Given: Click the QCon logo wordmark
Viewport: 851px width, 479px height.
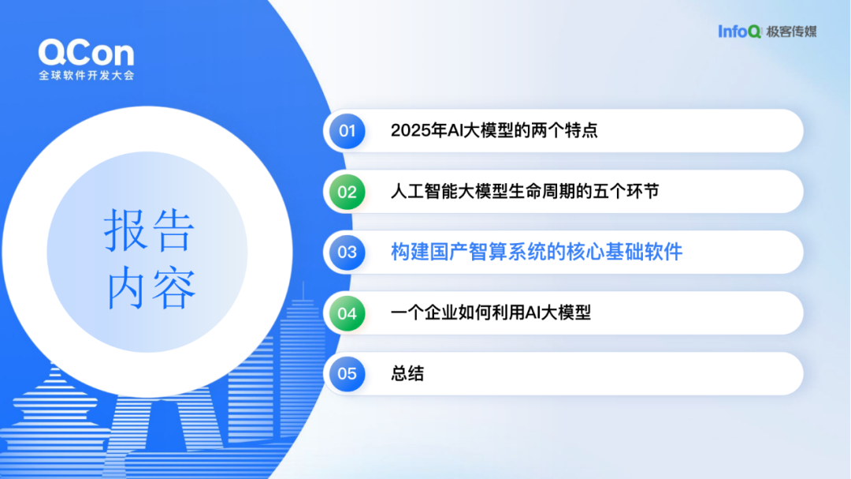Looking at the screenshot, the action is (x=86, y=53).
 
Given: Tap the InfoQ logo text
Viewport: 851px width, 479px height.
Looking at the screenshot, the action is (x=739, y=32).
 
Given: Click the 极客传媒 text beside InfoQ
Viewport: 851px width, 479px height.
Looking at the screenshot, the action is (x=791, y=32).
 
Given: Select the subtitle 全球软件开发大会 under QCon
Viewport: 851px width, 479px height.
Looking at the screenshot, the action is (x=87, y=75).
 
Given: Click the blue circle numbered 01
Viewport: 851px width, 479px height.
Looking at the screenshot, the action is (x=347, y=131).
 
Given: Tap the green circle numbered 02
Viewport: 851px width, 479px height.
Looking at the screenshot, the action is (x=347, y=192).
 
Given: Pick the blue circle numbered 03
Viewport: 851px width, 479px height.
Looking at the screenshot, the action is (x=347, y=253).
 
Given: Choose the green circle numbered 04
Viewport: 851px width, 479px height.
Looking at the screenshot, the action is (x=347, y=313).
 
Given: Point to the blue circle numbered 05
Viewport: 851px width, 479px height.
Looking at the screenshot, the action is (x=347, y=373).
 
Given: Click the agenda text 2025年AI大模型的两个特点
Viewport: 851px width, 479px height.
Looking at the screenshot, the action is (x=494, y=130).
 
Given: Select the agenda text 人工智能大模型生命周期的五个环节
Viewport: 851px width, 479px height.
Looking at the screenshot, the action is (x=525, y=192).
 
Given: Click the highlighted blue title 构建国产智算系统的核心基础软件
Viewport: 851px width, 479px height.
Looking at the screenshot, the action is (x=537, y=252).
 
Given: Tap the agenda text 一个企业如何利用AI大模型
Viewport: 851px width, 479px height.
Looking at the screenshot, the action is (x=491, y=312).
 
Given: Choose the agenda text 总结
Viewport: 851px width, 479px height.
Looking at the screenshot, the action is (x=407, y=373).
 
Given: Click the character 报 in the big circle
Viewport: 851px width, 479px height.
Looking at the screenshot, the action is (x=125, y=230).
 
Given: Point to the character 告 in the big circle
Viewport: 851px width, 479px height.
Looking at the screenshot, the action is (x=173, y=230).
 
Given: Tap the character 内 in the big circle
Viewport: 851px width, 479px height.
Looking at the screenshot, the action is (x=126, y=287).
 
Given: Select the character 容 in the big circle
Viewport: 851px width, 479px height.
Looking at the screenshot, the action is (x=173, y=287).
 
